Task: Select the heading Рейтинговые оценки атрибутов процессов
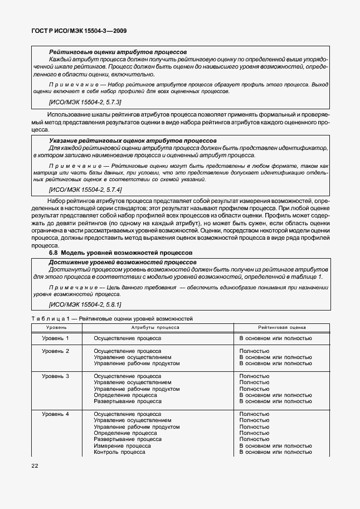click(118, 51)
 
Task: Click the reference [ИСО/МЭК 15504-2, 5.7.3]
click(85, 103)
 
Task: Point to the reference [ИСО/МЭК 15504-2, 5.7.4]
click(85, 190)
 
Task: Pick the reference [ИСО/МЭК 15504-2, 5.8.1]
click(85, 304)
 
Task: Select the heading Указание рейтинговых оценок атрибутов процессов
click(133, 140)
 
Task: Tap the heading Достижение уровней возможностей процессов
click(123, 261)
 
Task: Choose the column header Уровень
click(56, 328)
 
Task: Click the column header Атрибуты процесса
click(155, 328)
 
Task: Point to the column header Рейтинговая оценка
click(282, 328)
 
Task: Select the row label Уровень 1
click(56, 338)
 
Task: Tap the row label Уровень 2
click(56, 351)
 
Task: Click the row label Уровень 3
click(56, 376)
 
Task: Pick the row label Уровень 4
click(56, 414)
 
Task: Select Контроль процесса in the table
click(119, 452)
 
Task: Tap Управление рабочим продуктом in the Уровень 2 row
click(137, 363)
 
